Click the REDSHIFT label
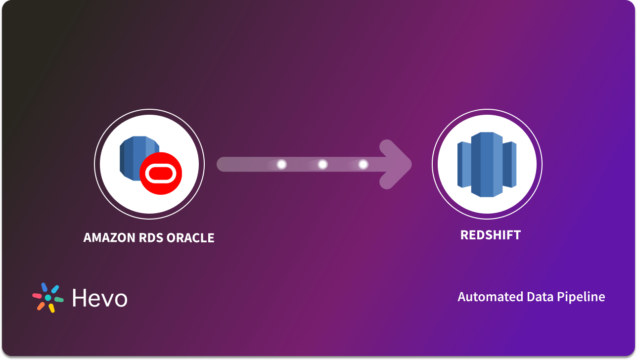click(490, 235)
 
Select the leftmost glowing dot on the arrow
click(282, 164)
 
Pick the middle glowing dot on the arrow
click(322, 164)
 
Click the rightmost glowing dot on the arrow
click(363, 164)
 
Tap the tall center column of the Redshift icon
click(487, 165)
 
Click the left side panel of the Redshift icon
click(464, 165)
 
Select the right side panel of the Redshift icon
click(510, 165)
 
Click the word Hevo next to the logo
click(99, 298)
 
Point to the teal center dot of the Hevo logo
click(48, 298)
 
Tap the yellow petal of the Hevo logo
click(51, 309)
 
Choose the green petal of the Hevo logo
click(59, 300)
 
